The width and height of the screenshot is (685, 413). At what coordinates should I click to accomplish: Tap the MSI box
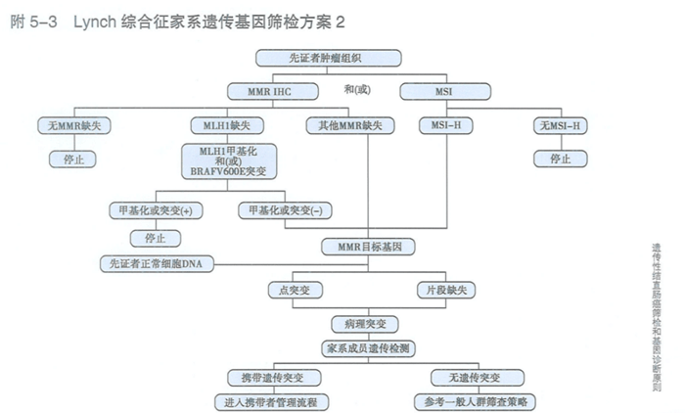click(431, 91)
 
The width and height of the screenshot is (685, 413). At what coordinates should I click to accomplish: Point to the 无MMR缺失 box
click(70, 126)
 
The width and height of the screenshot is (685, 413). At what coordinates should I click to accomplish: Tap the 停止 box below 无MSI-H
click(559, 158)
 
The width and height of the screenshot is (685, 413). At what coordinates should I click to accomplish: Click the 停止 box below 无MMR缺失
click(70, 158)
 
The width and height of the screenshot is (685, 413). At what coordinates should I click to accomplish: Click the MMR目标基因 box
click(366, 244)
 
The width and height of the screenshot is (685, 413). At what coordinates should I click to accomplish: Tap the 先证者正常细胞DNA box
click(157, 262)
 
